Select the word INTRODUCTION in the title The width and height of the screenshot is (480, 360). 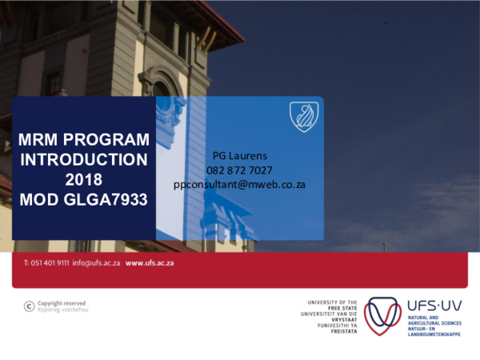[84, 158]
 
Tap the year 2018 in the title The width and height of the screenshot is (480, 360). [84, 178]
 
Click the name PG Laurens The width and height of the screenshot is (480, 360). [240, 155]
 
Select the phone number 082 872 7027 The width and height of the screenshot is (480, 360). [240, 170]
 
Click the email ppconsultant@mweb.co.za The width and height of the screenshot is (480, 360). [240, 184]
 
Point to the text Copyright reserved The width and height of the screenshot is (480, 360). [62, 303]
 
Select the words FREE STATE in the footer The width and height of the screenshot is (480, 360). [342, 306]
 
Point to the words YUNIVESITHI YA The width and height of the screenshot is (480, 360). [339, 324]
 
